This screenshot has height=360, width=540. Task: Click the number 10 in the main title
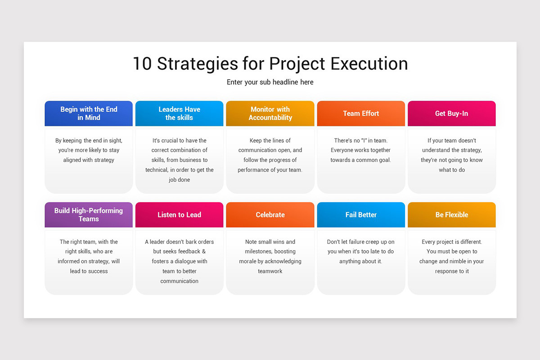tap(143, 64)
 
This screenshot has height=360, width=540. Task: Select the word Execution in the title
tap(369, 64)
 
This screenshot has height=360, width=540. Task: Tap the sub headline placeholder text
tap(270, 82)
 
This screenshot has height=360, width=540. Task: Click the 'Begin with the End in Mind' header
tap(89, 113)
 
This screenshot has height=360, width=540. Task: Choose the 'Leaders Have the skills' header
tap(179, 113)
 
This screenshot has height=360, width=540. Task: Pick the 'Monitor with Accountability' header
tap(270, 113)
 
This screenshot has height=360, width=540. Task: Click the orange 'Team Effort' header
tap(361, 113)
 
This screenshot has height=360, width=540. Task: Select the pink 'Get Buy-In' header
tap(451, 113)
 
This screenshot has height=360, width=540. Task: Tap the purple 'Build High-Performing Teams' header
tap(89, 215)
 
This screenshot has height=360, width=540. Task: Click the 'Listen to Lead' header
tap(179, 215)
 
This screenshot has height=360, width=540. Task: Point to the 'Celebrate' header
tap(270, 215)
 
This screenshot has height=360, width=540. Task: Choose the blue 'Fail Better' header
tap(361, 215)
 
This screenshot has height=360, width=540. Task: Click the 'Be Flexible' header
tap(451, 215)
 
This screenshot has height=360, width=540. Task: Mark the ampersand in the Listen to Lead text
tap(204, 252)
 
